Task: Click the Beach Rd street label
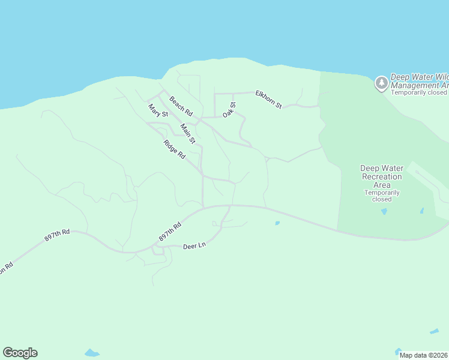pyautogui.click(x=181, y=106)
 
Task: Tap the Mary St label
pyautogui.click(x=158, y=110)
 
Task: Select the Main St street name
pyautogui.click(x=188, y=134)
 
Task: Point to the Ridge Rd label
pyautogui.click(x=174, y=149)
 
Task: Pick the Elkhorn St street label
pyautogui.click(x=268, y=99)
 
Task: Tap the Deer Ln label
pyautogui.click(x=194, y=246)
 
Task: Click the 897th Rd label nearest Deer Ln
pyautogui.click(x=170, y=233)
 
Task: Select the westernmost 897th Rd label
pyautogui.click(x=57, y=235)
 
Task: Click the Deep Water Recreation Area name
pyautogui.click(x=382, y=176)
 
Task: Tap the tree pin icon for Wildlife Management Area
pyautogui.click(x=381, y=83)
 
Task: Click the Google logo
pyautogui.click(x=20, y=353)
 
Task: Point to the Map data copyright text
pyautogui.click(x=424, y=355)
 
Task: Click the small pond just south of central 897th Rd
pyautogui.click(x=277, y=223)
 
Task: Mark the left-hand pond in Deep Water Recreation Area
pyautogui.click(x=384, y=211)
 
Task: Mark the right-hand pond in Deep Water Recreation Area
pyautogui.click(x=422, y=211)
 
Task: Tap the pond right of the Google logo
pyautogui.click(x=91, y=352)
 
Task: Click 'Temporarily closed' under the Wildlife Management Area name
pyautogui.click(x=419, y=92)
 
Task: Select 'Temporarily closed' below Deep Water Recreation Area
pyautogui.click(x=382, y=196)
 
